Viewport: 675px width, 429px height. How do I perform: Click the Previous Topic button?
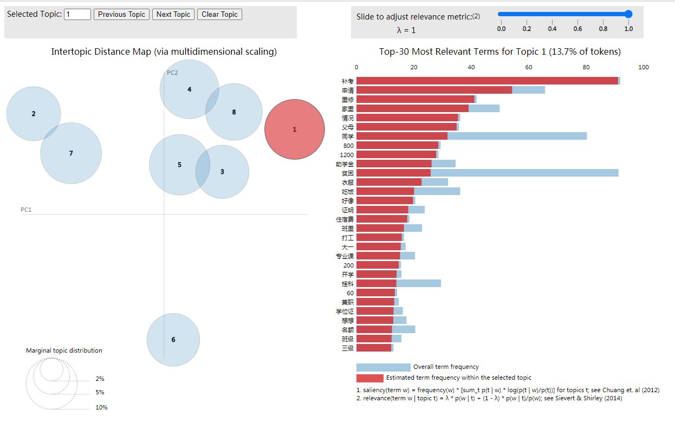coord(121,15)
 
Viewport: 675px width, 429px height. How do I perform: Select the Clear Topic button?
coord(219,15)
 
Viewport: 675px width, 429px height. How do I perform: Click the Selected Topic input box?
coord(77,15)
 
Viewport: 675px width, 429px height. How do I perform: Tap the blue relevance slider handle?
coord(628,14)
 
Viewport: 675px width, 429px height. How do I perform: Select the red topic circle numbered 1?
coord(295,129)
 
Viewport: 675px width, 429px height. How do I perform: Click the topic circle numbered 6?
coord(173,340)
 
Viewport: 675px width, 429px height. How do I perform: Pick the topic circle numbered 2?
coord(34,114)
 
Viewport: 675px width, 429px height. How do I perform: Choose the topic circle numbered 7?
coord(71,153)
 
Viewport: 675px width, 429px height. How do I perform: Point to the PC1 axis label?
coord(26,210)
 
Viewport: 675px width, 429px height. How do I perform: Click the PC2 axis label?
coord(172,73)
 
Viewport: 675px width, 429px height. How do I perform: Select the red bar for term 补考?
coord(487,81)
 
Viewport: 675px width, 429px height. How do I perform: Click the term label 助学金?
coord(345,164)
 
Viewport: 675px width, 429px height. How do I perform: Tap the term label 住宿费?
coord(345,219)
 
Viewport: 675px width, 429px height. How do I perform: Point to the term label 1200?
coord(347,154)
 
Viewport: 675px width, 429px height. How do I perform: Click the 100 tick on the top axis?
coord(643,67)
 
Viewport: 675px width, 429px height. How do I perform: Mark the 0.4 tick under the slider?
coord(552,29)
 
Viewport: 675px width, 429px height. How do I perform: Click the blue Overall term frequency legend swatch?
coord(383,367)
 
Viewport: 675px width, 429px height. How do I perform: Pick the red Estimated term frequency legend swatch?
coord(369,378)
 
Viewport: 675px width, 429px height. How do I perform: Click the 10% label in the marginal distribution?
coord(101,407)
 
